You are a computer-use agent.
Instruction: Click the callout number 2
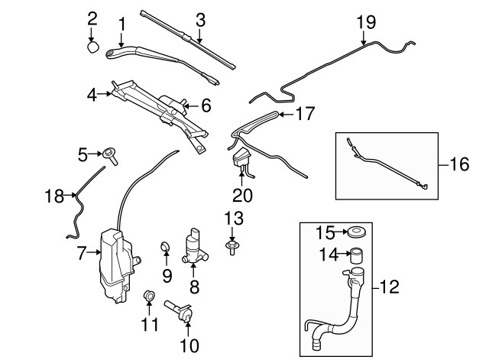[x=92, y=17]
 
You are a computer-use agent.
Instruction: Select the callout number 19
[x=364, y=21]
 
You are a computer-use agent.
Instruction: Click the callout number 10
[x=189, y=345]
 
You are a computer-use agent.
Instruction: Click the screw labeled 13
[x=231, y=246]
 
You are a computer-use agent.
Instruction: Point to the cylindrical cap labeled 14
[x=356, y=256]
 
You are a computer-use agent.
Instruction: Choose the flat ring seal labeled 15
[x=356, y=231]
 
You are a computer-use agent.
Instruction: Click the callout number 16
[x=456, y=164]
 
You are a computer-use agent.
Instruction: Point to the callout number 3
[x=200, y=21]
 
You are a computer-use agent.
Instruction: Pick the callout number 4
[x=92, y=96]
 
